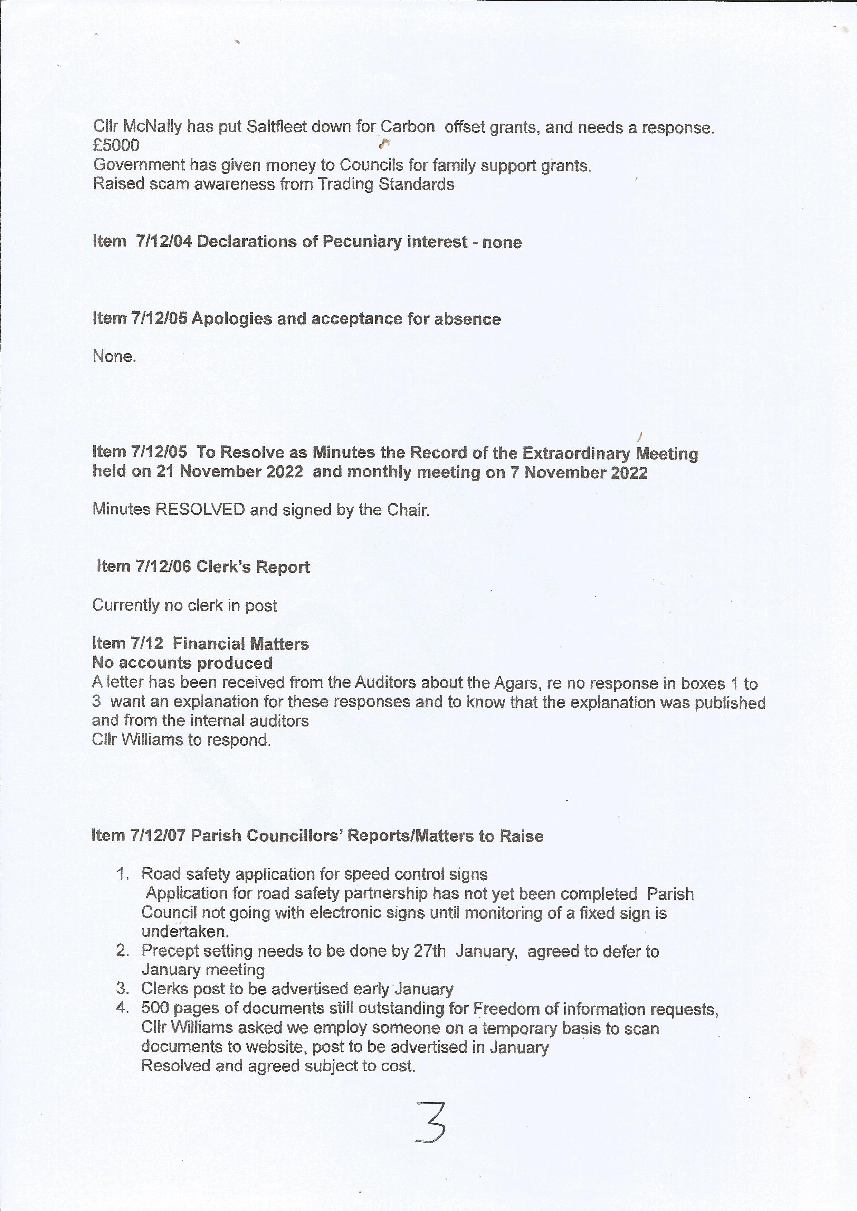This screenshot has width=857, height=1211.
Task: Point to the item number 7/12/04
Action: click(164, 242)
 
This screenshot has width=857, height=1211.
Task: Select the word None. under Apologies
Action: click(114, 357)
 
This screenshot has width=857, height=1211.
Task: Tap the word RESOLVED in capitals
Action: click(200, 510)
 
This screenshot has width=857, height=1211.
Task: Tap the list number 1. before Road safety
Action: click(123, 874)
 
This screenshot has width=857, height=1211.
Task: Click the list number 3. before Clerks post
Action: click(123, 989)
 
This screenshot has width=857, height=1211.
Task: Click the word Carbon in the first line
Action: click(407, 127)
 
